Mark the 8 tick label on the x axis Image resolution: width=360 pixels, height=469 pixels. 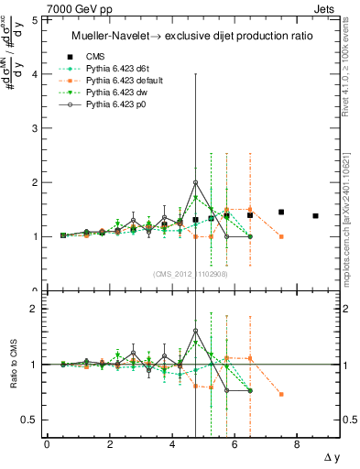pos(298,444)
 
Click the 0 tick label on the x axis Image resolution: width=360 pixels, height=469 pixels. pos(47,444)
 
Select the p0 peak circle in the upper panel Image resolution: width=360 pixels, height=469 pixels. pos(195,182)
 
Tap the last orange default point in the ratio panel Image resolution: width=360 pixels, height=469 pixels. pos(281,394)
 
